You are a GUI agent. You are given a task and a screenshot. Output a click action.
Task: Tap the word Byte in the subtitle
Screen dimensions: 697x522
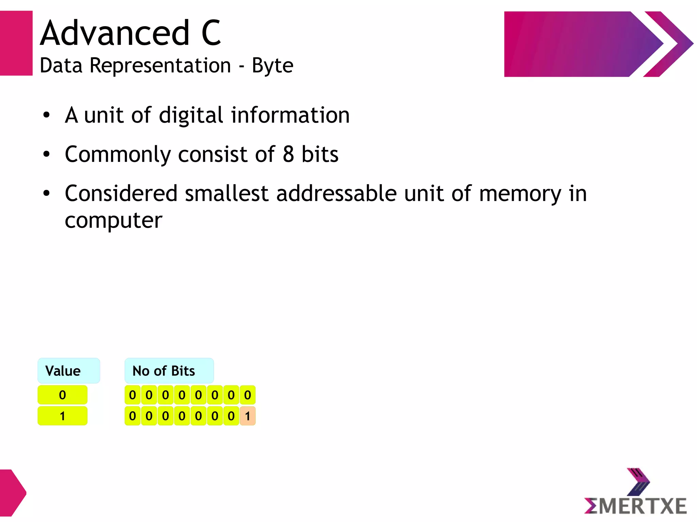click(x=272, y=65)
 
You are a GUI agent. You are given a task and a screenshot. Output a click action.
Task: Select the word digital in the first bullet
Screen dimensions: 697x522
click(x=191, y=115)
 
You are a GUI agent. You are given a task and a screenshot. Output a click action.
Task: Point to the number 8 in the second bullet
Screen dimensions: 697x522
click(x=288, y=154)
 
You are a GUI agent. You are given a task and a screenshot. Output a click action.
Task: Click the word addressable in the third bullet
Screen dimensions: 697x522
click(x=336, y=193)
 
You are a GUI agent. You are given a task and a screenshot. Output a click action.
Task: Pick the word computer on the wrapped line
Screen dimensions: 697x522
click(x=113, y=221)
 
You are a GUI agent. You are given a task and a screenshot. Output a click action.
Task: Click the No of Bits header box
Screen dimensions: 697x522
click(x=169, y=371)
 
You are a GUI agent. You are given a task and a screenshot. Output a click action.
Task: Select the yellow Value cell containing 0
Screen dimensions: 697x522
click(x=62, y=395)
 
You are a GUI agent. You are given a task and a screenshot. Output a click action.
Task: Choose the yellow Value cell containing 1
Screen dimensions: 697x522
click(x=62, y=416)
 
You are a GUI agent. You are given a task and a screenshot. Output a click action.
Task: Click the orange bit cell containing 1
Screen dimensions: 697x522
click(x=247, y=416)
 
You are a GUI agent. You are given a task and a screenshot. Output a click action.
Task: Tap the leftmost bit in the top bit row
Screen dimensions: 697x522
click(x=132, y=395)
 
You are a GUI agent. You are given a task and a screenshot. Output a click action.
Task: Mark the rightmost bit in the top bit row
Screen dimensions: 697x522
click(x=247, y=395)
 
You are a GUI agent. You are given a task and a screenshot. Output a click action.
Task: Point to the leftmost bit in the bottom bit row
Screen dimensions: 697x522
click(x=132, y=416)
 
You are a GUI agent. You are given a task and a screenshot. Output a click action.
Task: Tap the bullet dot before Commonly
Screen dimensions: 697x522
click(x=47, y=155)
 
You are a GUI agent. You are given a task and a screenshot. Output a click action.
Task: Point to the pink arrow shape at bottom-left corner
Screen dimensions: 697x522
click(x=12, y=492)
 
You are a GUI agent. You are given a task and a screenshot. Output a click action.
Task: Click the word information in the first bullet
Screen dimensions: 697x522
click(x=290, y=115)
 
